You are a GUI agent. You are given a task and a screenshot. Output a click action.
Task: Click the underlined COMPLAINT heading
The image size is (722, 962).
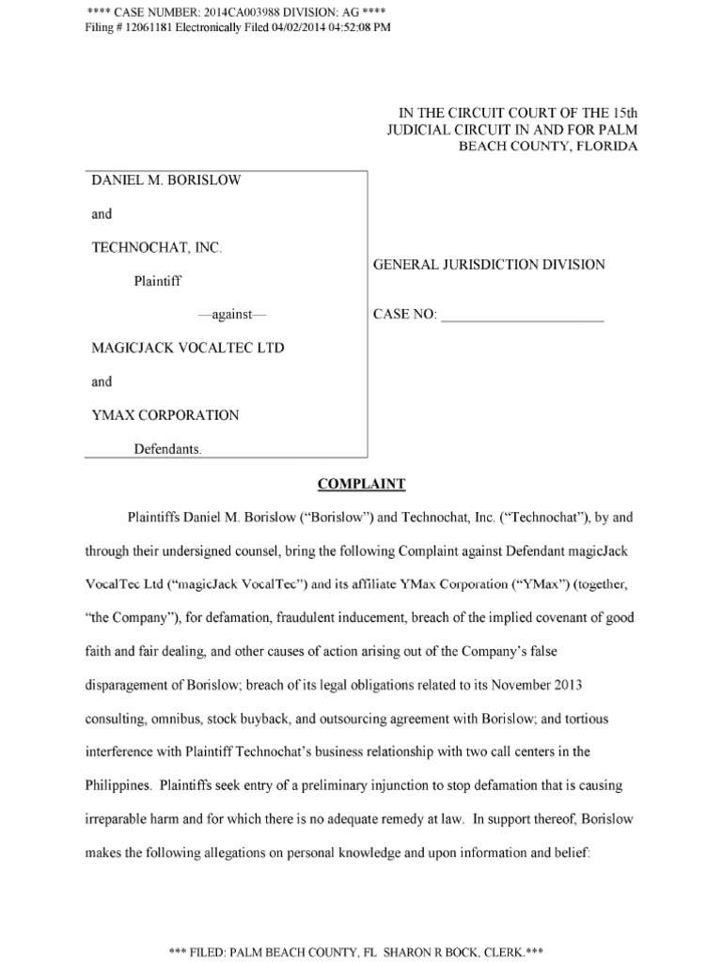[x=361, y=484]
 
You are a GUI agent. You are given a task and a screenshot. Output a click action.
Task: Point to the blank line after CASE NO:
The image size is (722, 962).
[x=522, y=315]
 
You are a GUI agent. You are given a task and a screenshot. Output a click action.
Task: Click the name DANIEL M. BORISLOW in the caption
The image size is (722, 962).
[x=165, y=180]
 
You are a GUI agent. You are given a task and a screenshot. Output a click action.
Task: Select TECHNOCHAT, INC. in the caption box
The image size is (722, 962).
[x=157, y=247]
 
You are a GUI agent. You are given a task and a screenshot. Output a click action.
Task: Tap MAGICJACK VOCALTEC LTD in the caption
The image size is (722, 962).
[x=187, y=348]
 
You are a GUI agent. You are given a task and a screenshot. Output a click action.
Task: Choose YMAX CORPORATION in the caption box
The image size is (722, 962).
[x=165, y=414]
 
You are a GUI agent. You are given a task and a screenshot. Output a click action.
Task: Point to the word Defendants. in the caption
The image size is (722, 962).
[x=168, y=449]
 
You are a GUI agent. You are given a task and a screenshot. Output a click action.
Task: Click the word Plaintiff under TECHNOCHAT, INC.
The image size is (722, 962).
[x=158, y=281]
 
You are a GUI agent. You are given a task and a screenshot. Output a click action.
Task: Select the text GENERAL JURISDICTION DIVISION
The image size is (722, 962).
[x=489, y=265]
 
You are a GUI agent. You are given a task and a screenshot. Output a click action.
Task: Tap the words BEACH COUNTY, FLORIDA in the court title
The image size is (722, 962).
[x=547, y=147]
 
